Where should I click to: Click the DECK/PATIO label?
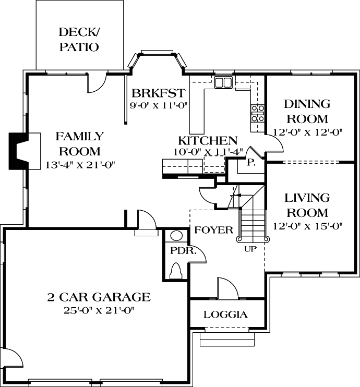point(79,40)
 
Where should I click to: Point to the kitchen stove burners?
point(258,113)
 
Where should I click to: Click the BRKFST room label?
point(158,93)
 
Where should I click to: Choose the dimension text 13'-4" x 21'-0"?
point(80,165)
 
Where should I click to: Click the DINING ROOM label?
point(307,111)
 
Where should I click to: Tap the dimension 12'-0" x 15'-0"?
point(307,226)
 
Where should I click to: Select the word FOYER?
point(213,230)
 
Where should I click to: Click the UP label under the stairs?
point(251,249)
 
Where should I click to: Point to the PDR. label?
point(183,250)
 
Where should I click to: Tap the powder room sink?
point(176,235)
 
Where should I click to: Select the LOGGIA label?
point(225,315)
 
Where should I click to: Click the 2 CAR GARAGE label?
point(99,297)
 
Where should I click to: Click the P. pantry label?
point(250,162)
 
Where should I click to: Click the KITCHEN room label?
point(208,140)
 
